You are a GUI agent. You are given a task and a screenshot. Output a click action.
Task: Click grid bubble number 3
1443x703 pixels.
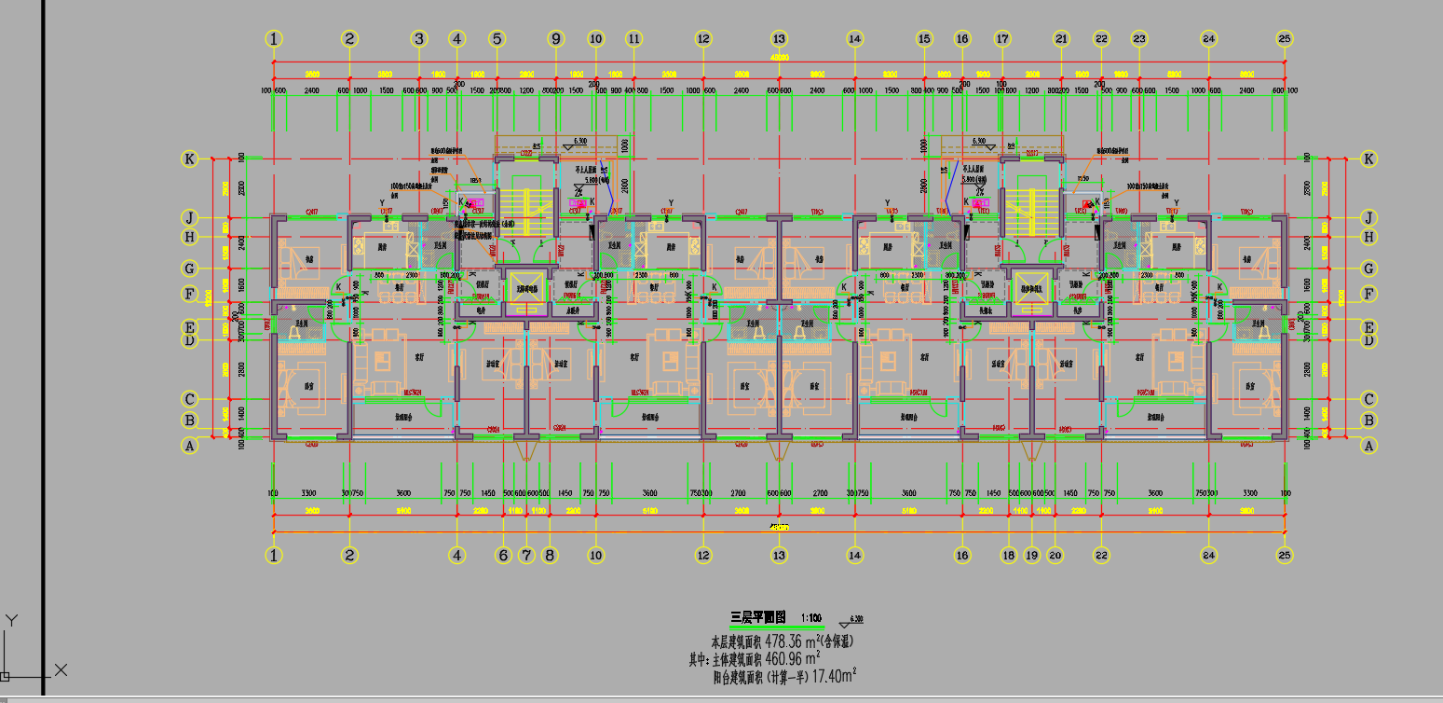point(419,39)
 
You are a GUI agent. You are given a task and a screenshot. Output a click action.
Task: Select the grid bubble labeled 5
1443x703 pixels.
point(497,39)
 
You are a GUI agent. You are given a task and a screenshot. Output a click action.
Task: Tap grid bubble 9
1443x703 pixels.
point(556,39)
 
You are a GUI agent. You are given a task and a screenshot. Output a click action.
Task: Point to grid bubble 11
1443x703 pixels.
point(634,39)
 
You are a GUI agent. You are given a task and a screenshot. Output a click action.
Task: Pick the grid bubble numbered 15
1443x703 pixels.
point(924,39)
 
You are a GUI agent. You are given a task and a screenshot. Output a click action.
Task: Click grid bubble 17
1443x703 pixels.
point(1002,39)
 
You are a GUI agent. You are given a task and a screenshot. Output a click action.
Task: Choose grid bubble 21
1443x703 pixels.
point(1061,39)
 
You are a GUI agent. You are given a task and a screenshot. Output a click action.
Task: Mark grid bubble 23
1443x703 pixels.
point(1139,39)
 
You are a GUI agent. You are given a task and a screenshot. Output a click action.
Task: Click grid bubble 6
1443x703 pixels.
point(504,556)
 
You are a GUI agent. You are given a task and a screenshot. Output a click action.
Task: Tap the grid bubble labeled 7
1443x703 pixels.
point(526,556)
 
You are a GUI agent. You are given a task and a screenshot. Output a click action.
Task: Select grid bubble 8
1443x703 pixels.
point(549,556)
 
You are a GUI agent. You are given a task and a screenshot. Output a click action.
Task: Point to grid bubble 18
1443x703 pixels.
point(1008,556)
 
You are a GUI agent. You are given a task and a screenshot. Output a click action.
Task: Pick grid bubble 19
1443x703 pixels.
point(1031,556)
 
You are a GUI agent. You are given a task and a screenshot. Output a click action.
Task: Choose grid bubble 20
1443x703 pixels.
point(1055,556)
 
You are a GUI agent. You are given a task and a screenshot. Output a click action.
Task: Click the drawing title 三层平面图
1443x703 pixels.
point(758,617)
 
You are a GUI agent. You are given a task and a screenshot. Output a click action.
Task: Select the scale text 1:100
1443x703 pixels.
point(810,618)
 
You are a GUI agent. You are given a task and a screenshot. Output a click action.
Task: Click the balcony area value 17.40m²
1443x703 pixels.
point(834,676)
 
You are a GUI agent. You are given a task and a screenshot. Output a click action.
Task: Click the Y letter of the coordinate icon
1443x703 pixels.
point(11,619)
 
